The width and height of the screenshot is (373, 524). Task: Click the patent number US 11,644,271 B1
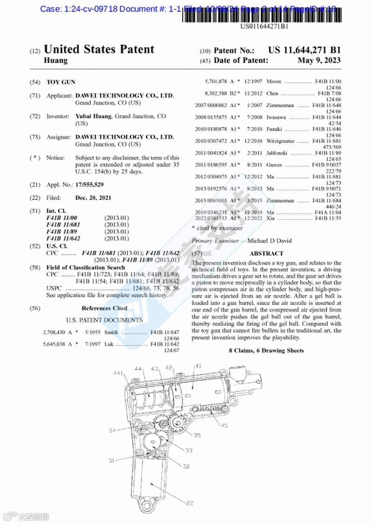304,50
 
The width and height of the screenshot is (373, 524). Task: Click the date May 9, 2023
319,61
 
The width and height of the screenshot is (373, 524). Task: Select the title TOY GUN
61,83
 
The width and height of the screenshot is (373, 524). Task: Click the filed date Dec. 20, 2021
93,198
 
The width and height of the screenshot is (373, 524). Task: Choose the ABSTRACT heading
266,254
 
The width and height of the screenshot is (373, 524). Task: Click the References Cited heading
104,308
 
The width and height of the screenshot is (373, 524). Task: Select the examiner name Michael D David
269,241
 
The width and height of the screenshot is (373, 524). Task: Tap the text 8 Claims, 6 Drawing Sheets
266,351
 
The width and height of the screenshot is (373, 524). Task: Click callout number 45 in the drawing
224,425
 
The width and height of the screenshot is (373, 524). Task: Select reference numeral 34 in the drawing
112,430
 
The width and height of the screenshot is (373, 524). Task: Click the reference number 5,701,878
216,82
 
